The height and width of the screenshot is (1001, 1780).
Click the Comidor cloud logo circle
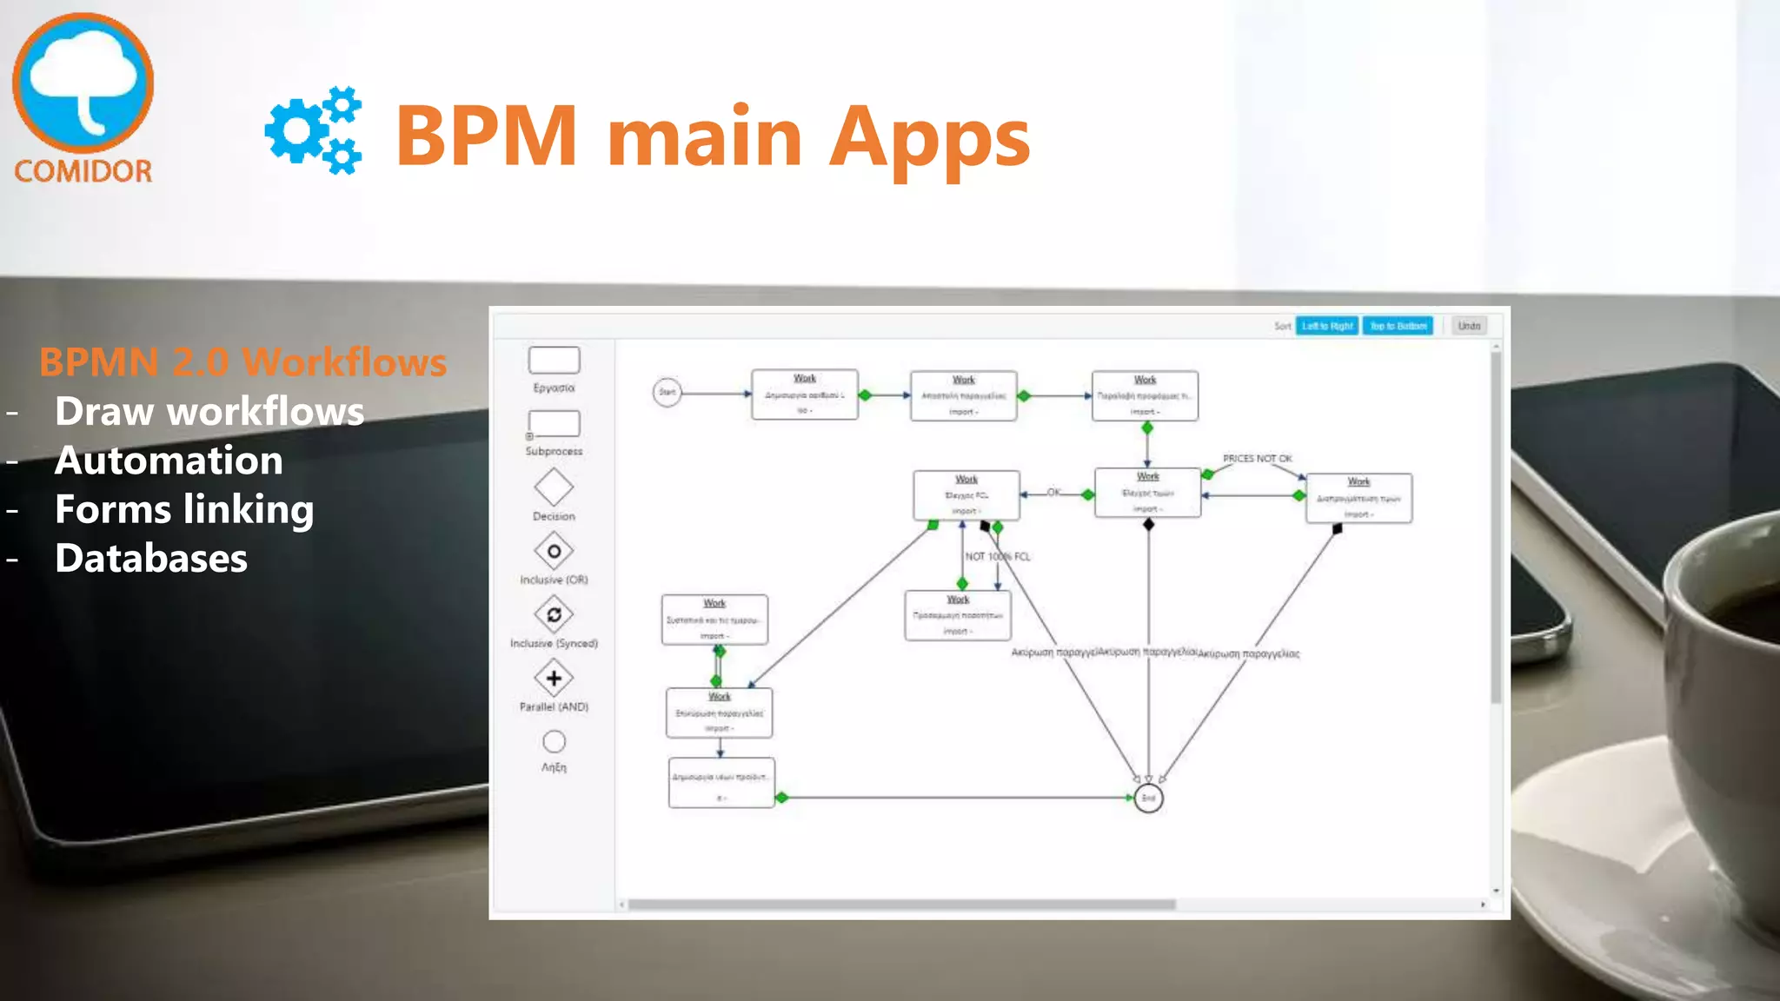point(83,83)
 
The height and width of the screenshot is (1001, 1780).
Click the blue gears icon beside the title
point(313,130)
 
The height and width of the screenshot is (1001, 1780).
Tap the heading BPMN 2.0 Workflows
point(242,361)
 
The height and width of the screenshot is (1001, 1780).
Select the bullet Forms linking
point(184,509)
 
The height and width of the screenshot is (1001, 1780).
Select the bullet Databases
point(151,558)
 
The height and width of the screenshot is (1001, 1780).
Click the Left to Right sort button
point(1326,326)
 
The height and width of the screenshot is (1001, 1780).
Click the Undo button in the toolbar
point(1469,326)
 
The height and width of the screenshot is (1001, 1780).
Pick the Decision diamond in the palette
point(554,487)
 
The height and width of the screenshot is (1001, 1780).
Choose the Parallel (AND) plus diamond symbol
point(554,678)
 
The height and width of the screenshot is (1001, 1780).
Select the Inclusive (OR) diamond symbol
point(554,551)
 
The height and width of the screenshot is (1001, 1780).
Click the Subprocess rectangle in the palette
point(554,424)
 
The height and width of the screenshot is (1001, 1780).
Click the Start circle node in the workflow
point(667,392)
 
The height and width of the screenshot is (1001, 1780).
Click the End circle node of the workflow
point(1148,798)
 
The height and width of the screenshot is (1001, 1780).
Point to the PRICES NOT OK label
point(1257,458)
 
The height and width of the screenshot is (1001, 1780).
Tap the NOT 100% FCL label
point(998,556)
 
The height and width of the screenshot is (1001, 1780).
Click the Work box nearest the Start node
point(804,394)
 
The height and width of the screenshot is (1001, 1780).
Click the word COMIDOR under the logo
point(83,170)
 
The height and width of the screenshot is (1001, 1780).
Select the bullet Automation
point(169,461)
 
